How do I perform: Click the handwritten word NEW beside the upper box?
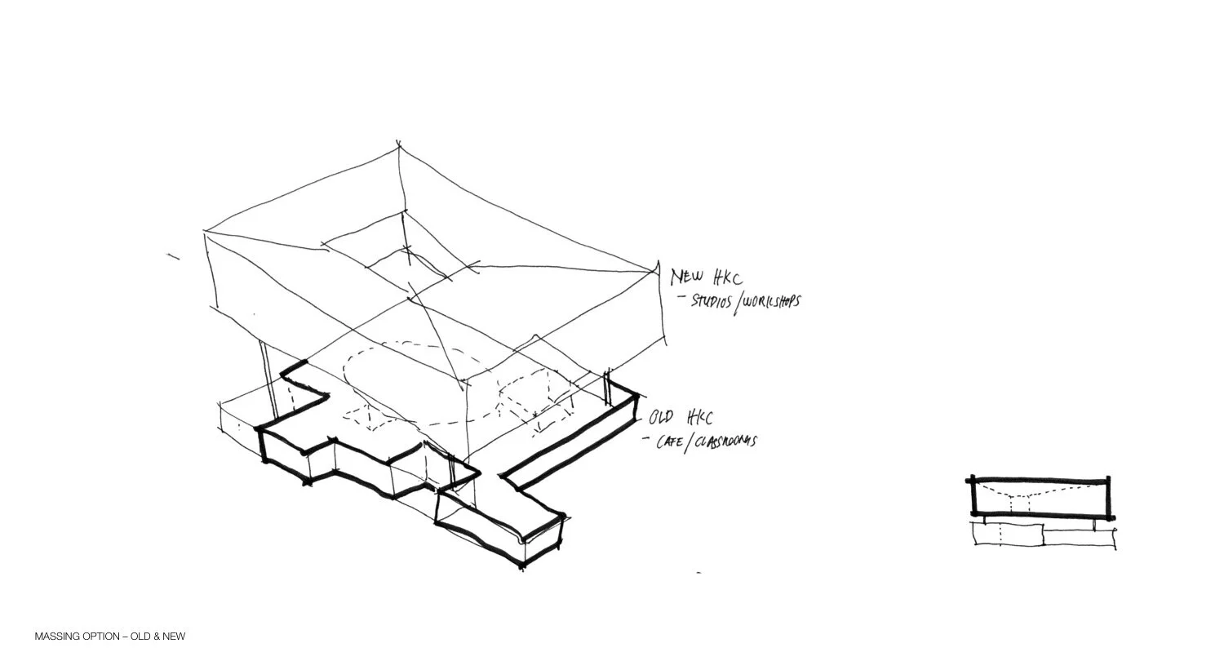coord(685,277)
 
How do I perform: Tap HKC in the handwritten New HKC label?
coord(726,279)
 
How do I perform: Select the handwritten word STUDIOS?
coord(712,300)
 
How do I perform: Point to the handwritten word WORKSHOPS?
coord(772,301)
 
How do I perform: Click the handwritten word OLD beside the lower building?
coord(662,419)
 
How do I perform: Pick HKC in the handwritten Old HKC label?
coord(698,419)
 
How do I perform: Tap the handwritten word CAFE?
coord(673,441)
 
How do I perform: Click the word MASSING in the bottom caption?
coord(57,637)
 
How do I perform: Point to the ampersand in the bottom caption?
coord(155,637)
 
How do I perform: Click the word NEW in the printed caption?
coord(174,637)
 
